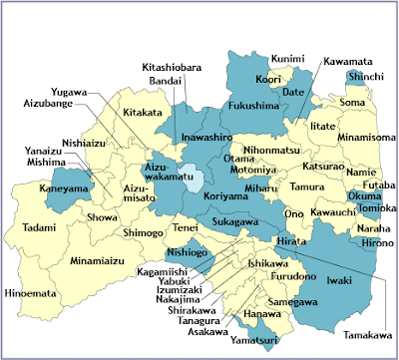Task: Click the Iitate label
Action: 322,127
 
